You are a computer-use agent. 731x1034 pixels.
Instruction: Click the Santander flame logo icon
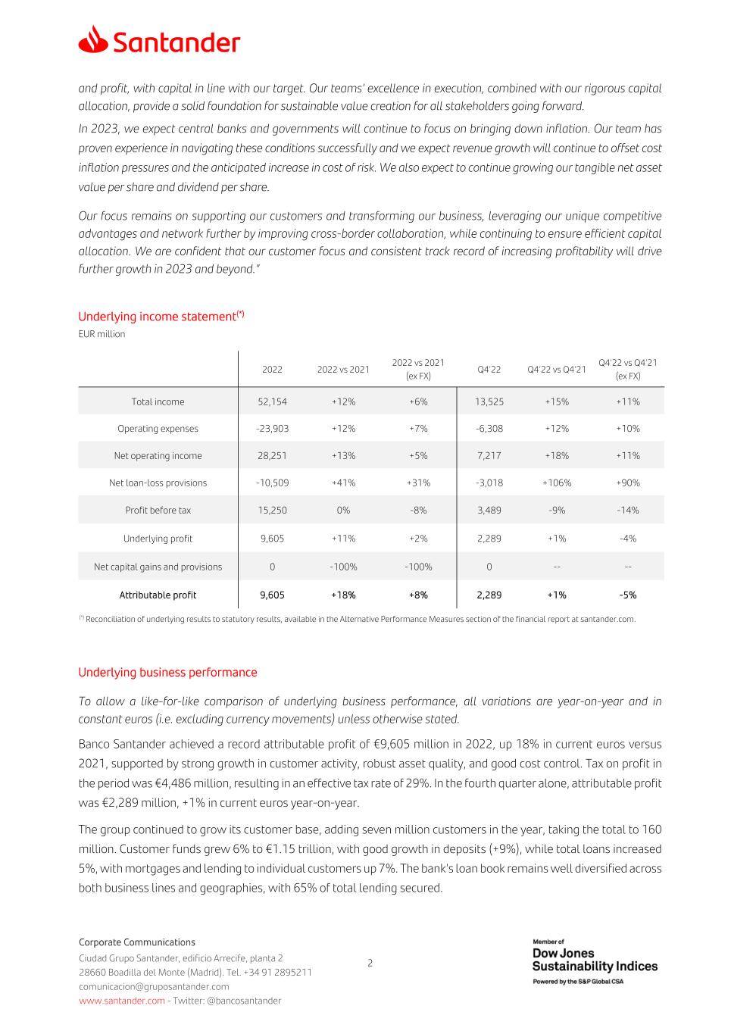pos(92,39)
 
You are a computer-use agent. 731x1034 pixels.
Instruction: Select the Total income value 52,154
pos(272,401)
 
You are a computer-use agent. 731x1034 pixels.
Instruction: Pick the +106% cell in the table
pos(557,483)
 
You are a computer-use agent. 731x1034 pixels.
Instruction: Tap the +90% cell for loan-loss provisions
pos(627,483)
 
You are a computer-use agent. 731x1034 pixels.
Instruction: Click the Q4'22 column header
pos(489,370)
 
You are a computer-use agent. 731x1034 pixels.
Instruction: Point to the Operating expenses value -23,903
pos(272,429)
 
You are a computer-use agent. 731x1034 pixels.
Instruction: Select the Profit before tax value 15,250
pos(272,511)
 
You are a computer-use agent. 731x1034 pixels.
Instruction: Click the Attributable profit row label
pos(158,595)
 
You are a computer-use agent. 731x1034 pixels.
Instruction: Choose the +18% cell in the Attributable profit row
pos(343,595)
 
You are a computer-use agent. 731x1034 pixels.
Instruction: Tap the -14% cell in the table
pos(627,511)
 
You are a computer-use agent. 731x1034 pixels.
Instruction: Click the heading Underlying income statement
pos(161,317)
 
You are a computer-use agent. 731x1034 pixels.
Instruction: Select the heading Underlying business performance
pos(167,673)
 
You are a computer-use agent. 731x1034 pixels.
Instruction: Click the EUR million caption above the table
pos(102,334)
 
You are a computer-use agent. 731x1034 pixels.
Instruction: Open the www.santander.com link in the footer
pos(121,1001)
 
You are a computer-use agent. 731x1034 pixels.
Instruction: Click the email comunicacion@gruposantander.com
pos(154,986)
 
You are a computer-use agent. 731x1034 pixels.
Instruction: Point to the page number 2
pos(370,964)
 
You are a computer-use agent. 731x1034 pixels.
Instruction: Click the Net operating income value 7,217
pos(489,456)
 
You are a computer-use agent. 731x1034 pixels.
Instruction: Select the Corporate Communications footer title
pos(137,942)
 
